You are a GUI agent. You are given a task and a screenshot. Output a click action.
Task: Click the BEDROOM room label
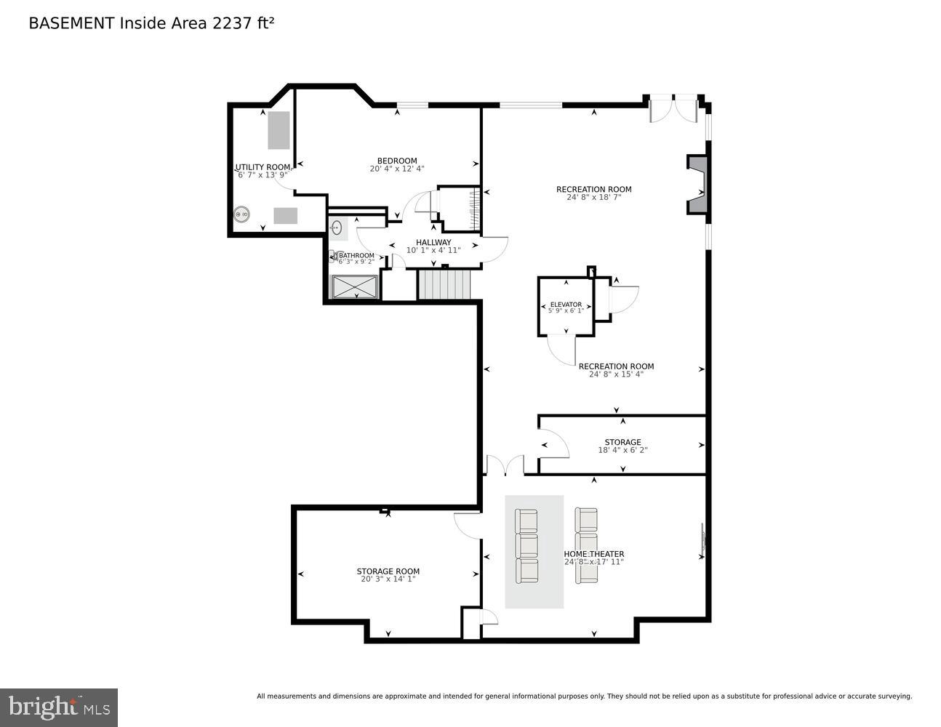coord(396,161)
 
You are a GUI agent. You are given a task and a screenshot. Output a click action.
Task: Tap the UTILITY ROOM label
coord(263,167)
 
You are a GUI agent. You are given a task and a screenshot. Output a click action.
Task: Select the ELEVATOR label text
coord(566,305)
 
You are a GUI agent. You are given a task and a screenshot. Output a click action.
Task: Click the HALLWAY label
coord(433,242)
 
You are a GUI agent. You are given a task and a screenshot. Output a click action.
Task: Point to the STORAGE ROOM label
coord(388,571)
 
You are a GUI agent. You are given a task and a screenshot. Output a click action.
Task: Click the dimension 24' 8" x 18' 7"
coord(593,198)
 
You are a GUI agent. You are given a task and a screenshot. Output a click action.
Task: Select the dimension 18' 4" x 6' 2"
coord(622,451)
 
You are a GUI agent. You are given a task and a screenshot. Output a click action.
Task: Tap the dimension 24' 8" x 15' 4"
coord(616,374)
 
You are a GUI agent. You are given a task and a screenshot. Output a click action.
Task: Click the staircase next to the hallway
coord(444,284)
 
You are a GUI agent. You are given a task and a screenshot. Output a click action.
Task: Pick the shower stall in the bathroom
coord(356,286)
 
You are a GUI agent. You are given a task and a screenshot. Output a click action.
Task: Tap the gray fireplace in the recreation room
coord(698,185)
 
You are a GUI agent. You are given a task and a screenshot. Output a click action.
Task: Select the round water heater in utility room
coord(241,214)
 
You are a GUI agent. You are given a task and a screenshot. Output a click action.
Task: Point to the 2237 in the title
coord(230,23)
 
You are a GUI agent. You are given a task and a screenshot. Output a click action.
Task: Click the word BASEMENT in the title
coord(71,23)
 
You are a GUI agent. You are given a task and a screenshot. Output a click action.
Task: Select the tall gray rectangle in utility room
coord(279,130)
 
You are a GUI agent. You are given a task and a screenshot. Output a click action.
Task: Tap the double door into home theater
coord(505,465)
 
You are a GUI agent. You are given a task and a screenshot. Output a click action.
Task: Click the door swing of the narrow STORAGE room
coord(553,445)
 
